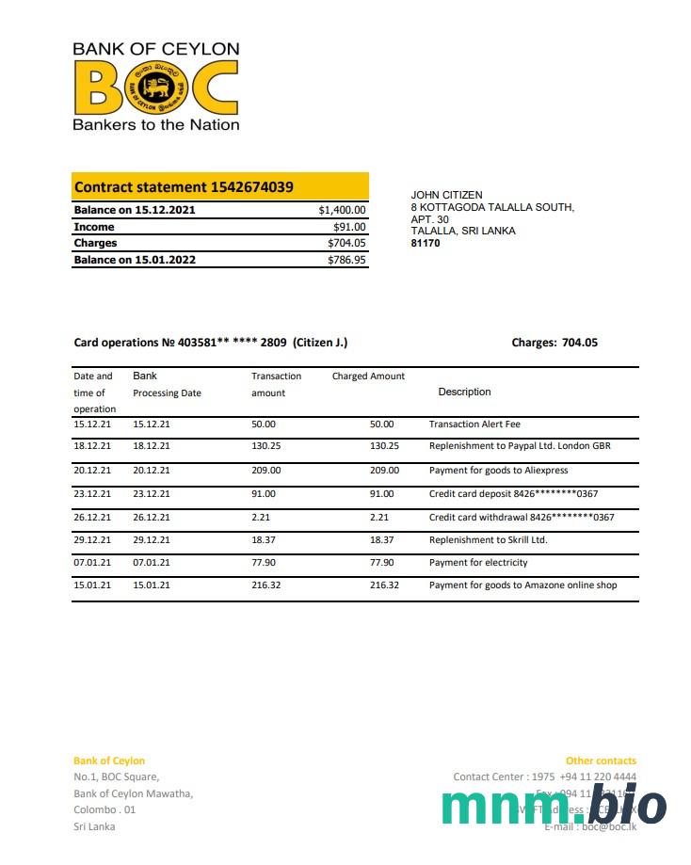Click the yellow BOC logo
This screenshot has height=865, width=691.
[155, 87]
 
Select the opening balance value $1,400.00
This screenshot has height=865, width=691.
[343, 210]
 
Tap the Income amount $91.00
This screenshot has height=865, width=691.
[349, 227]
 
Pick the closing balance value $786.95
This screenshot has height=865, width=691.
[346, 260]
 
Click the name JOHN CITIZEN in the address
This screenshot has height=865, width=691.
[446, 195]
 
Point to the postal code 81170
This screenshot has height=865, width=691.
[426, 243]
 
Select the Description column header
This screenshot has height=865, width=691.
[464, 392]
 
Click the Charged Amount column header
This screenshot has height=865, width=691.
[368, 376]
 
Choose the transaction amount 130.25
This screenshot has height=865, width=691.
[266, 446]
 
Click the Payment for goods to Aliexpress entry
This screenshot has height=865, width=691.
[498, 470]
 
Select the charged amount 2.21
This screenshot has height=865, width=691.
[379, 517]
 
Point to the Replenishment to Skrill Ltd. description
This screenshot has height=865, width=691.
[488, 540]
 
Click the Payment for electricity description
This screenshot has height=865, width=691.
[478, 563]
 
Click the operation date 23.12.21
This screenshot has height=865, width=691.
[92, 493]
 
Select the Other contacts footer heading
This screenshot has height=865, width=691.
[601, 761]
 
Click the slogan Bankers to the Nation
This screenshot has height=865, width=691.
[156, 124]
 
